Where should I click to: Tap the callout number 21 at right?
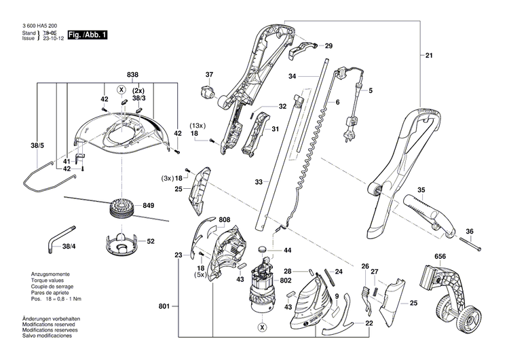click(x=429, y=55)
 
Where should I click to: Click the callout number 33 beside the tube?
click(x=259, y=183)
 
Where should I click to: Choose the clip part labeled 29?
click(x=305, y=47)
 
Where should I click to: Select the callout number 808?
click(x=225, y=219)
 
